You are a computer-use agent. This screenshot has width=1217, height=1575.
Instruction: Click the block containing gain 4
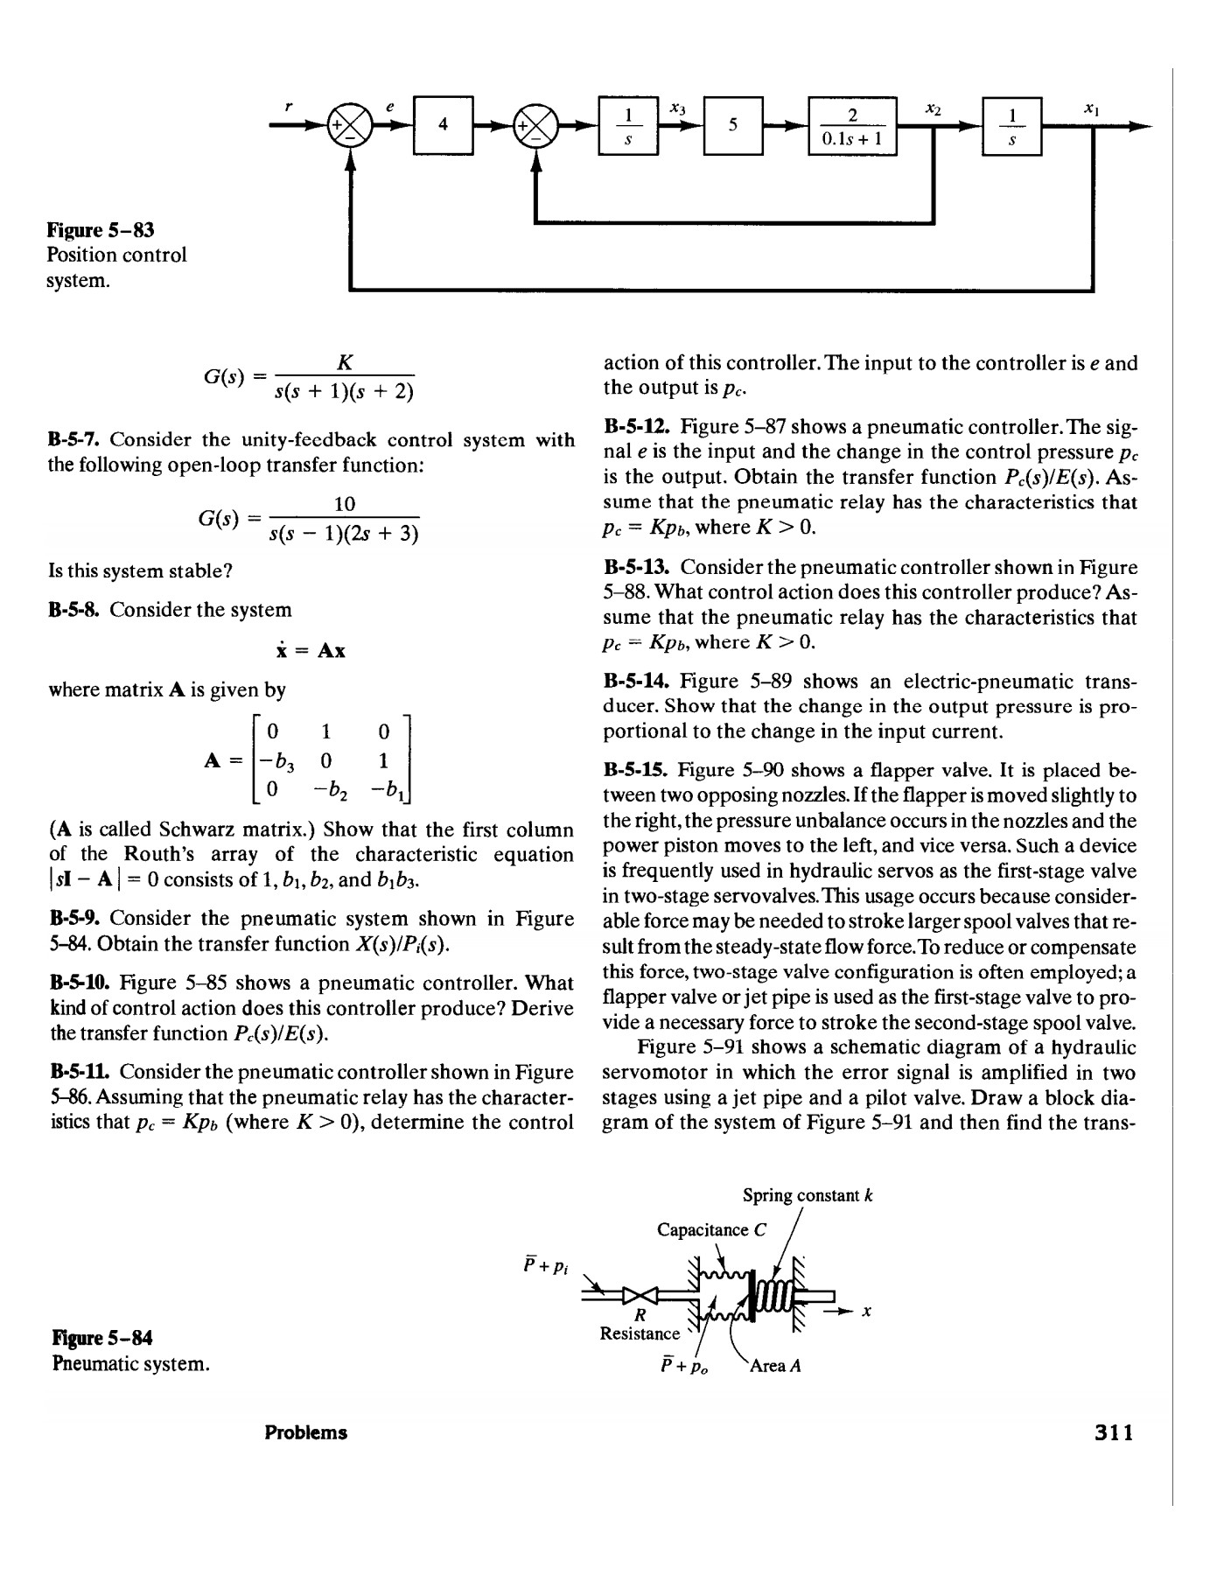tap(444, 125)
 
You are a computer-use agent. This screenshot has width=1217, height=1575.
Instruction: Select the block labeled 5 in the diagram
tap(733, 125)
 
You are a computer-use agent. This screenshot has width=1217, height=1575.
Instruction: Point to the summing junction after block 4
tap(535, 125)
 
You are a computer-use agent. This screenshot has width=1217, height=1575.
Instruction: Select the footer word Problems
tap(305, 1433)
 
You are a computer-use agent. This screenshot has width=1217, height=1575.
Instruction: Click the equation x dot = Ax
tap(305, 651)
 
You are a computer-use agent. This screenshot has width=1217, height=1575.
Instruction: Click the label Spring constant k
tap(808, 1195)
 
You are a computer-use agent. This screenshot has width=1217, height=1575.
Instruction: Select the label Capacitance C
tap(710, 1229)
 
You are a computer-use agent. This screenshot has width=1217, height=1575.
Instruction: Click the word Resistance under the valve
tap(640, 1333)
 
